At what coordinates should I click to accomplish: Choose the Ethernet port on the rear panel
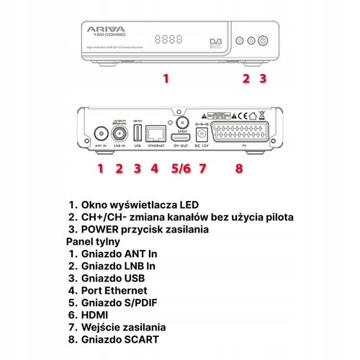154,134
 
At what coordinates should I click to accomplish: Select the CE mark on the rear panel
243,114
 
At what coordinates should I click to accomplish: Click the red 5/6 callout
180,169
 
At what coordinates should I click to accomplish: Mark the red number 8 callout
239,169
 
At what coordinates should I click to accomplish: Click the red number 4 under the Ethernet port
153,169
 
